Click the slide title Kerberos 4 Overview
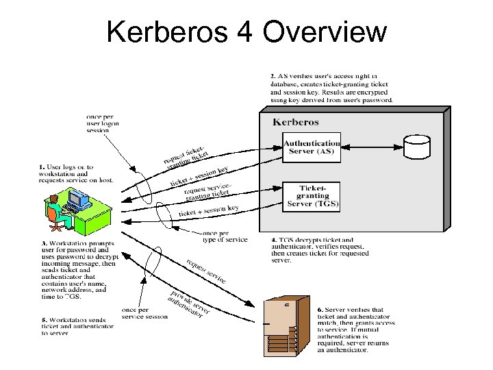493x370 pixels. pyautogui.click(x=246, y=32)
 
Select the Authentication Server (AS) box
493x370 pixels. pyautogui.click(x=312, y=148)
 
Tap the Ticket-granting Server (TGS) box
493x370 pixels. pyautogui.click(x=312, y=196)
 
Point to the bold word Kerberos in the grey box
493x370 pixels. pyautogui.click(x=296, y=122)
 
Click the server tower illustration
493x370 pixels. pyautogui.click(x=281, y=326)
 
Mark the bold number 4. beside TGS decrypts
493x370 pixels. pyautogui.click(x=266, y=240)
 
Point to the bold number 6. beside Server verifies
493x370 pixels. pyautogui.click(x=320, y=310)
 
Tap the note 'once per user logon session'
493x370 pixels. pyautogui.click(x=101, y=123)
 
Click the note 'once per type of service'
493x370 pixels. pyautogui.click(x=225, y=236)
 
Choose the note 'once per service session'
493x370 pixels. pyautogui.click(x=144, y=313)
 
